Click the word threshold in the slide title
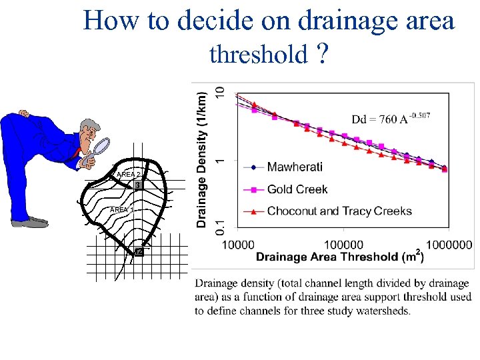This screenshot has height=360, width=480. point(257,54)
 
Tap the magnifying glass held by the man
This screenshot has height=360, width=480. point(101,146)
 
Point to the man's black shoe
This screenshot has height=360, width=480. point(29,222)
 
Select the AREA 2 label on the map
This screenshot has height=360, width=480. point(128,175)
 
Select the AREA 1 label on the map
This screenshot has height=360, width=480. point(121,210)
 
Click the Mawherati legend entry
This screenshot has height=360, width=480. point(295,167)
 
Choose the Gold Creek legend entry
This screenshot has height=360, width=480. point(297,189)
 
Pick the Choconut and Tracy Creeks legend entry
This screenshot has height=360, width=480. point(339,211)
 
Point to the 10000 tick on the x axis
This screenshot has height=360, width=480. point(237,245)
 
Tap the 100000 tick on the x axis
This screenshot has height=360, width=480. point(343,245)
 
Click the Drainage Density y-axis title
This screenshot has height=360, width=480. point(202,159)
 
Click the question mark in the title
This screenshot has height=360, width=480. point(323,54)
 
